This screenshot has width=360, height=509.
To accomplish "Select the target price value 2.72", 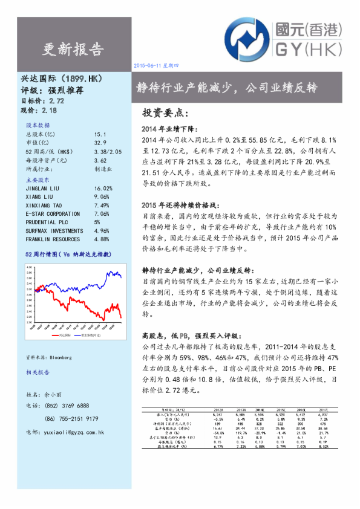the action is (56, 100).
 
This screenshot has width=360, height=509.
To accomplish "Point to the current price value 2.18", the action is (48, 111).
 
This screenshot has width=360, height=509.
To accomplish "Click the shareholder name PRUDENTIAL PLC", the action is (46, 222).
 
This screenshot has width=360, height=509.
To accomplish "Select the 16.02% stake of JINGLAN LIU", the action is (103, 188).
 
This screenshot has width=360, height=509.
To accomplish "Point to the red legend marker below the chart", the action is (57, 334).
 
